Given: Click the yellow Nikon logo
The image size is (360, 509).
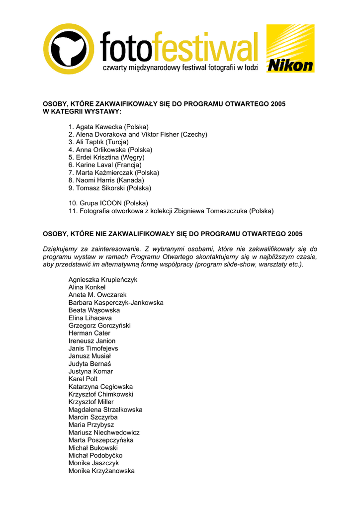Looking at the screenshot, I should point(290,49).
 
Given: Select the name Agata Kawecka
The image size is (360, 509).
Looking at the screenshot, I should point(99,127).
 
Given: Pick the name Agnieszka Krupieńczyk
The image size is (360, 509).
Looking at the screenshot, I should point(103,280).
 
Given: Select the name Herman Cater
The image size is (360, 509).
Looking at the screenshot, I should point(90,333).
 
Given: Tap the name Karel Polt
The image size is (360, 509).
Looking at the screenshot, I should point(83,379).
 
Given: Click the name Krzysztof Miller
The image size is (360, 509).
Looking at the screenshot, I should point(91,402).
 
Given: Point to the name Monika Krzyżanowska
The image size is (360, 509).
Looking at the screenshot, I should point(101,471).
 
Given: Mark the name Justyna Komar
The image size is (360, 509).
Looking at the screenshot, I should point(90,371).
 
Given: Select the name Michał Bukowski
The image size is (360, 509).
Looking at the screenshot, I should point(93,448).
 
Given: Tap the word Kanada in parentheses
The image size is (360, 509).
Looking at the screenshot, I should point(132,180).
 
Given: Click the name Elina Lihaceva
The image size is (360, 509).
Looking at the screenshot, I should point(90,318).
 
